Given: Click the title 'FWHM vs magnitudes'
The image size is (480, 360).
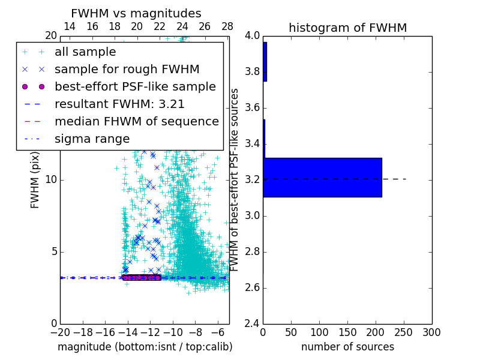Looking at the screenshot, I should (136, 13).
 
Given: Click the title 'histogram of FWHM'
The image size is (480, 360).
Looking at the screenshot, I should (347, 28).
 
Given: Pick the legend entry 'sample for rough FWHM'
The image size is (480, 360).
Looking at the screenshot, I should (127, 70).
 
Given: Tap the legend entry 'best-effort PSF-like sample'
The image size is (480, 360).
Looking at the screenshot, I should (135, 86).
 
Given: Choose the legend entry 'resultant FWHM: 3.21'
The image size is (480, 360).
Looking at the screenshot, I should (119, 104).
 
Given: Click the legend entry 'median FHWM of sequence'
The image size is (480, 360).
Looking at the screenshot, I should (136, 121).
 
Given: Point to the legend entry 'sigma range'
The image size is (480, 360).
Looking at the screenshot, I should (92, 139).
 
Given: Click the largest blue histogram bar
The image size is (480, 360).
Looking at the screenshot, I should (322, 177).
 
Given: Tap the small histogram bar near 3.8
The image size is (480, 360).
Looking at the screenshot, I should (265, 62).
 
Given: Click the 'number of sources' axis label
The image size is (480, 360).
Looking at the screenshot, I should (347, 347).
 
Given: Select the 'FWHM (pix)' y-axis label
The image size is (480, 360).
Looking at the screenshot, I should (35, 179).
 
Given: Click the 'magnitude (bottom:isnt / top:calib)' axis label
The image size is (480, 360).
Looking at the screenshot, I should (145, 347).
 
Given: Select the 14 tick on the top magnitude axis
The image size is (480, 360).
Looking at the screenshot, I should (70, 26).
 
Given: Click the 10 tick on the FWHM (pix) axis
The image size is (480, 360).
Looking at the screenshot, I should (50, 179).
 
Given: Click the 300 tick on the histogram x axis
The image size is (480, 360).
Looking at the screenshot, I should (431, 332).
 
